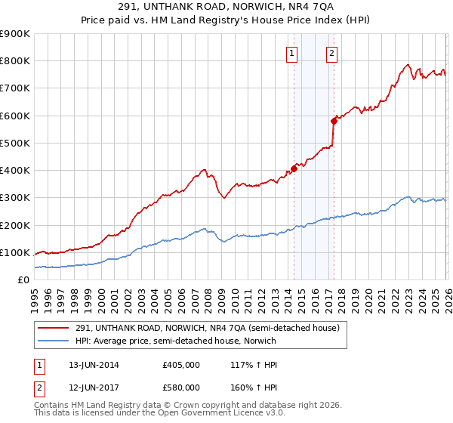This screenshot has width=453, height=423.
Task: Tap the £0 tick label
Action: click(23, 280)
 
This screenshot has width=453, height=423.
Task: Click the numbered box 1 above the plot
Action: click(292, 53)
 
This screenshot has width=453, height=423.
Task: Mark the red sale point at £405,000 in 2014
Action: click(294, 168)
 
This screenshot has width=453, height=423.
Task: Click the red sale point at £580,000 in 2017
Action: click(334, 120)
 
